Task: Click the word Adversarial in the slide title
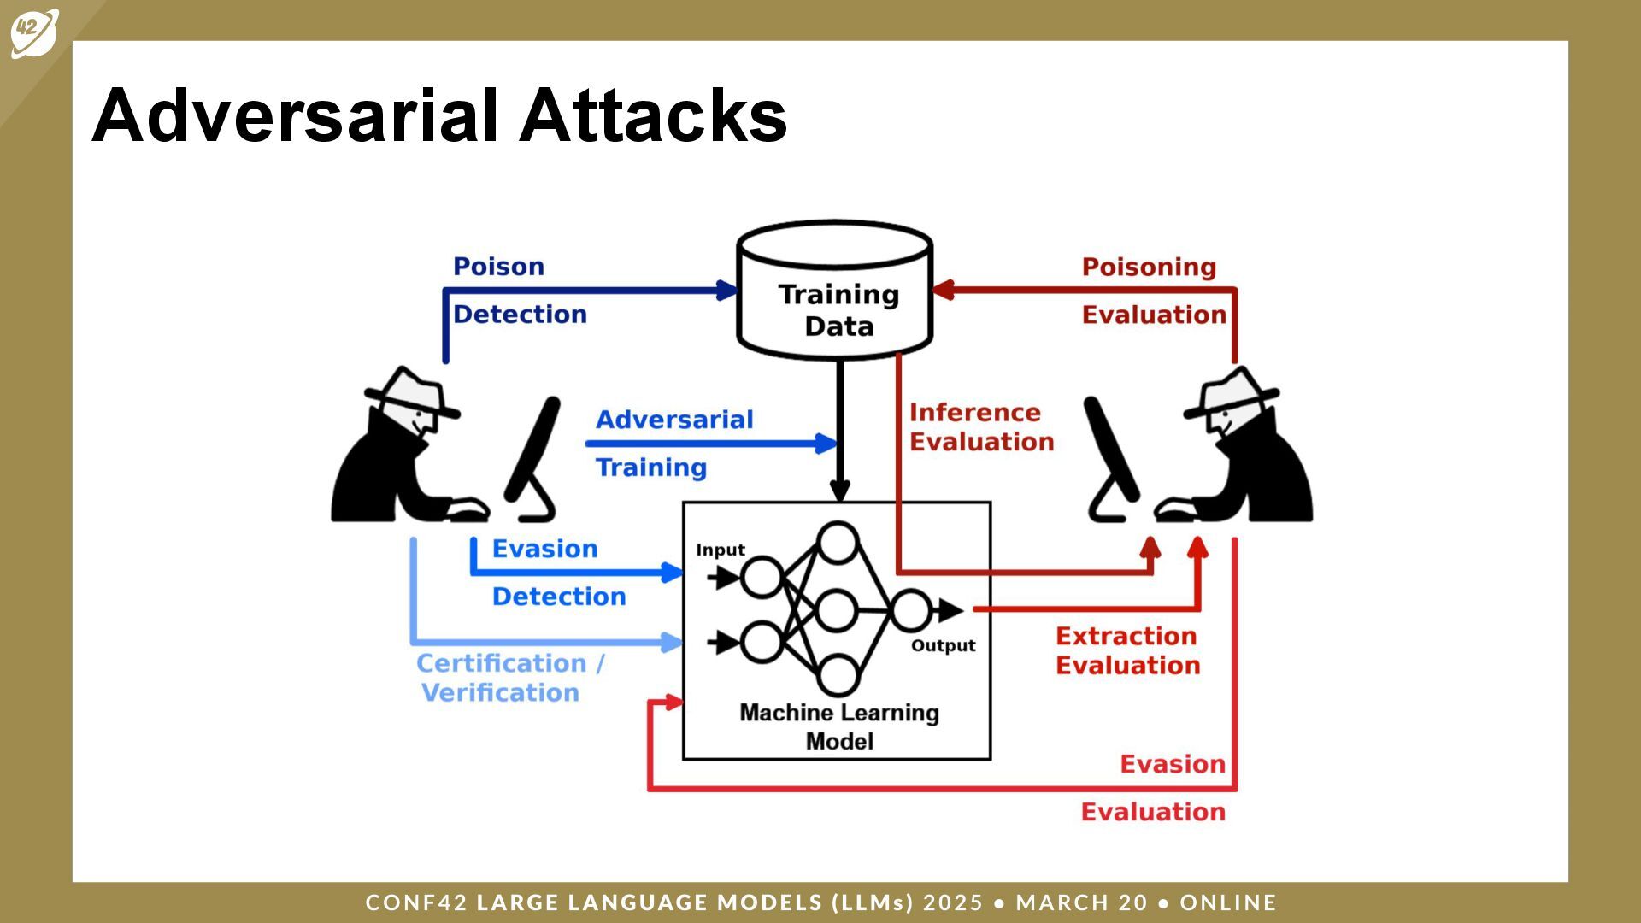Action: tap(295, 115)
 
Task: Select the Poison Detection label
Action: tap(519, 291)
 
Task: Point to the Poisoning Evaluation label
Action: tap(1152, 291)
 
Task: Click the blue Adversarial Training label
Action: tap(673, 444)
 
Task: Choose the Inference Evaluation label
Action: tap(980, 427)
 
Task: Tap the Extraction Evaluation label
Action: tap(1127, 650)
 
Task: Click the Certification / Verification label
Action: tap(509, 678)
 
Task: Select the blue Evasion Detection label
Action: tap(557, 573)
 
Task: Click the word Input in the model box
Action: tap(720, 550)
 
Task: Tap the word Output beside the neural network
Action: tap(943, 645)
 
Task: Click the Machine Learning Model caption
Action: tap(838, 726)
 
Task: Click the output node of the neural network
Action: tap(910, 610)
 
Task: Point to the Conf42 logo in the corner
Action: tap(34, 32)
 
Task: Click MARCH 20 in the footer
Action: tap(1081, 902)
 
